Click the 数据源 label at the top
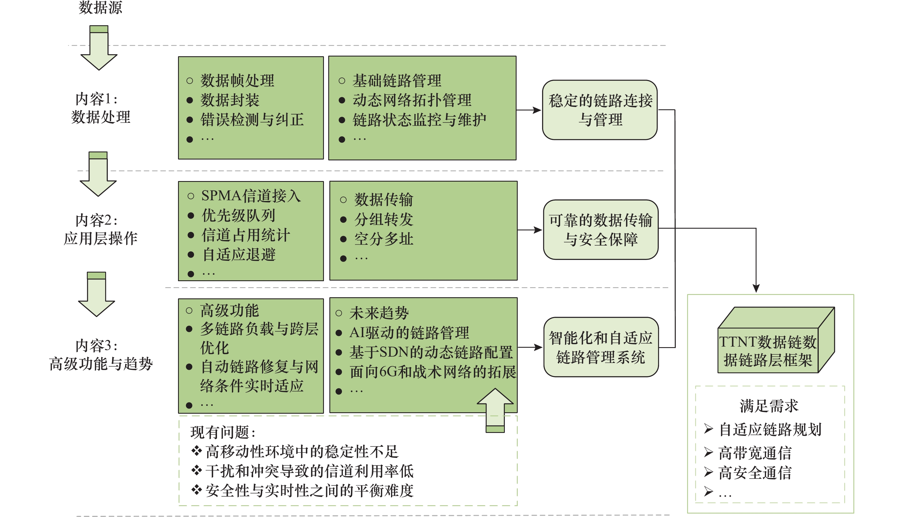tap(100, 7)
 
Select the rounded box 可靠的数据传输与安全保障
tap(601, 230)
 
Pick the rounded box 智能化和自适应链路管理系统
tap(601, 347)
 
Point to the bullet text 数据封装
tap(230, 100)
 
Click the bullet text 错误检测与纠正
tap(252, 120)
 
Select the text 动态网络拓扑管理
tap(411, 100)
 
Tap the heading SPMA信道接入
tap(251, 196)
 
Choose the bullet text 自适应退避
tap(239, 254)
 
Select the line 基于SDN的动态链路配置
tap(431, 352)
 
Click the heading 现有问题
tap(222, 432)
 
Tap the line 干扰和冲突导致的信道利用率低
tap(309, 471)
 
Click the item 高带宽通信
tap(755, 453)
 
